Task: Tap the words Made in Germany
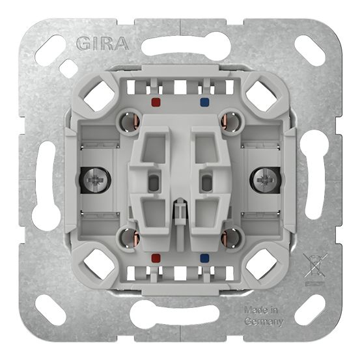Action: pyautogui.click(x=264, y=315)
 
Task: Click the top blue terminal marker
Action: pyautogui.click(x=206, y=102)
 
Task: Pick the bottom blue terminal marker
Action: pyautogui.click(x=206, y=257)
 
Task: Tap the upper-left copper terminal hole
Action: pyautogui.click(x=127, y=120)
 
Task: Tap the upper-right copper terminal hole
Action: pyautogui.click(x=232, y=120)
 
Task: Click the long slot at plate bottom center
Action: pyautogui.click(x=180, y=315)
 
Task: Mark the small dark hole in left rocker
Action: pyautogui.click(x=154, y=182)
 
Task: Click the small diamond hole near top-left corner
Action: pyautogui.click(x=68, y=68)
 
